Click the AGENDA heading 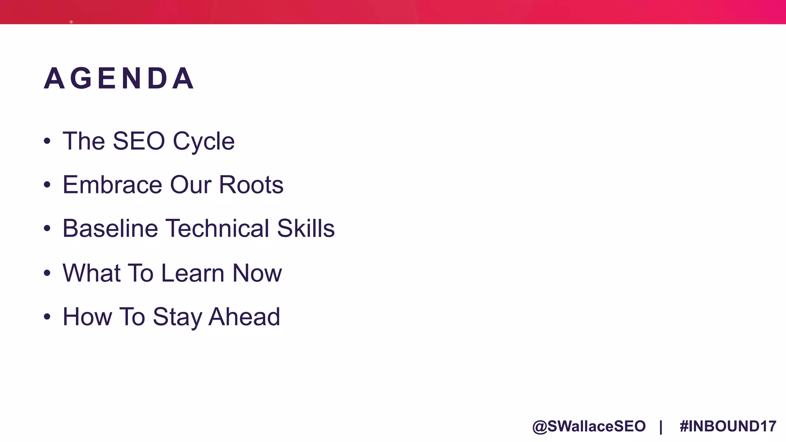(x=119, y=79)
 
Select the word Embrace (x=112, y=185)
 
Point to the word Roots (x=251, y=185)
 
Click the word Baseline (x=110, y=228)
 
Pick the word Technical (x=218, y=228)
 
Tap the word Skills (x=306, y=228)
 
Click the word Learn (x=193, y=273)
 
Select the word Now (x=257, y=273)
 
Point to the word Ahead (x=244, y=317)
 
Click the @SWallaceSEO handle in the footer (x=589, y=426)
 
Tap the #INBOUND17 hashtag (x=728, y=426)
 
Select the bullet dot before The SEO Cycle (x=47, y=141)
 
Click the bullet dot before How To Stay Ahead (x=47, y=317)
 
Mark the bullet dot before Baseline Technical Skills (x=47, y=229)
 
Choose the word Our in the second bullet (x=191, y=185)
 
